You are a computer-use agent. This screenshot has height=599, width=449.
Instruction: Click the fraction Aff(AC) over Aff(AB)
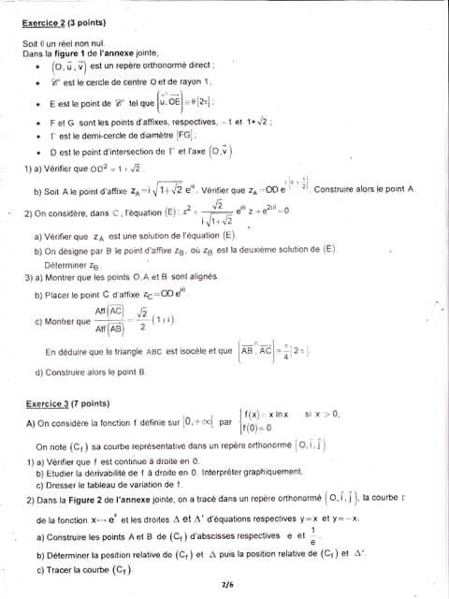click(110, 319)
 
